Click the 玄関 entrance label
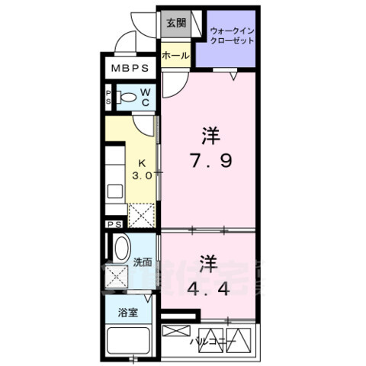pyautogui.click(x=175, y=23)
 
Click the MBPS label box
pyautogui.click(x=131, y=69)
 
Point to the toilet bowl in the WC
pyautogui.click(x=128, y=98)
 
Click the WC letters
pyautogui.click(x=146, y=98)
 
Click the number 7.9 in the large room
pyautogui.click(x=211, y=162)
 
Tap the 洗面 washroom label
pyautogui.click(x=143, y=262)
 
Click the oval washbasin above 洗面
pyautogui.click(x=122, y=249)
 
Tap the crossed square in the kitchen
pyautogui.click(x=141, y=214)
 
